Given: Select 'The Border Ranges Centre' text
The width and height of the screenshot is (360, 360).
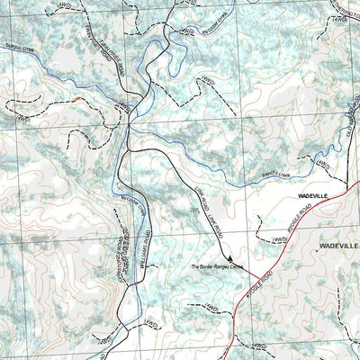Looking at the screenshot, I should click(x=217, y=266).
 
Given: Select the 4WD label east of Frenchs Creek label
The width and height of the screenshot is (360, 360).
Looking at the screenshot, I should click(x=321, y=165).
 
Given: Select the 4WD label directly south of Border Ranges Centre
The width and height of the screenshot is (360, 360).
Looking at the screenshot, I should click(x=212, y=308).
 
